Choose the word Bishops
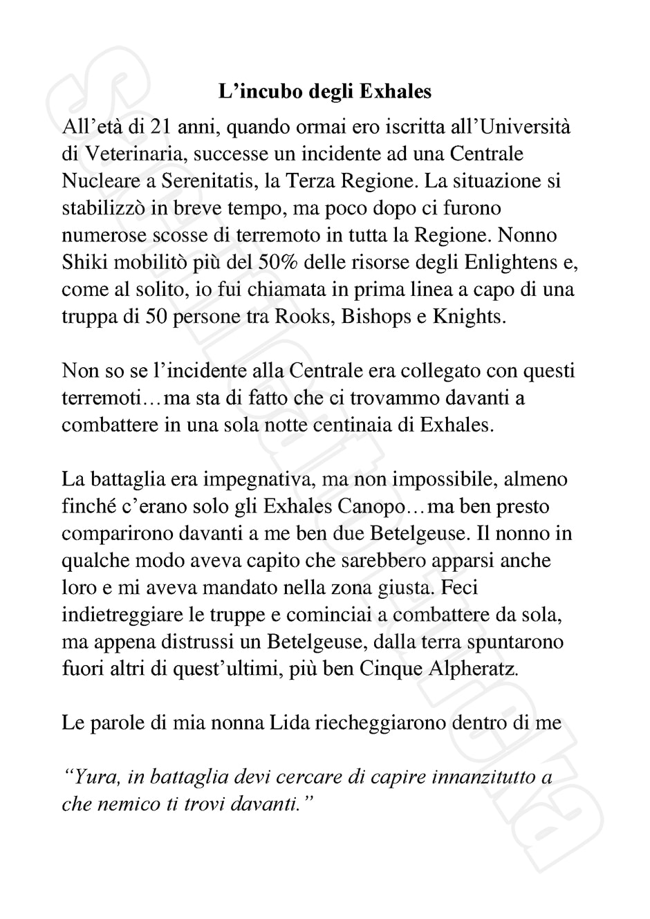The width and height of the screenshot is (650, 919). coord(380,317)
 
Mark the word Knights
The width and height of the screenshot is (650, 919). coord(468,317)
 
